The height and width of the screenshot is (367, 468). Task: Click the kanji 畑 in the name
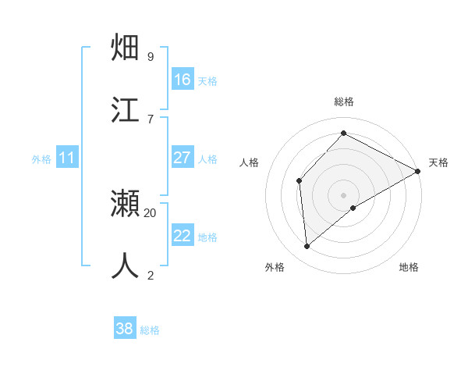pos(126,48)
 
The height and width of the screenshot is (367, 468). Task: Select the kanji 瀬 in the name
pos(126,204)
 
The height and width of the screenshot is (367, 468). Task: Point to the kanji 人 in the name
pos(126,265)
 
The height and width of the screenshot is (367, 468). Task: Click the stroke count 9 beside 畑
pos(150,56)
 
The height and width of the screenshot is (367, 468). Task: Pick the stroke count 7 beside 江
pos(150,119)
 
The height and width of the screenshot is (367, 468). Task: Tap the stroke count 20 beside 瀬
pos(151,212)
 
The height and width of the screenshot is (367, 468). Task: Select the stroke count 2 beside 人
pos(150,275)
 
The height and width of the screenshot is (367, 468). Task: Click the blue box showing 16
pos(183,79)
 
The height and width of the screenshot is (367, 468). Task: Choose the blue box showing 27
pos(183,158)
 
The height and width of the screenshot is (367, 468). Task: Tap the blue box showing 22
pos(183,236)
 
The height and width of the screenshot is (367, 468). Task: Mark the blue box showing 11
pos(67,158)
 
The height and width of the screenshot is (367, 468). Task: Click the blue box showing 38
pos(125,329)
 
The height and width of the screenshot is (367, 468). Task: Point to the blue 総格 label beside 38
pos(150,330)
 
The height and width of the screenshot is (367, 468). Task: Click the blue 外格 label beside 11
pos(41,159)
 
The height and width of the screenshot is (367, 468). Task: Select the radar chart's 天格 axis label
pos(438,162)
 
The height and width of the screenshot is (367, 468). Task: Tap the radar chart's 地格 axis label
pos(409,267)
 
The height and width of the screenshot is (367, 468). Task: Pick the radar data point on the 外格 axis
pos(307,247)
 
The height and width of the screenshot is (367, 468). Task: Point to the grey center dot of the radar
pos(343,194)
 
